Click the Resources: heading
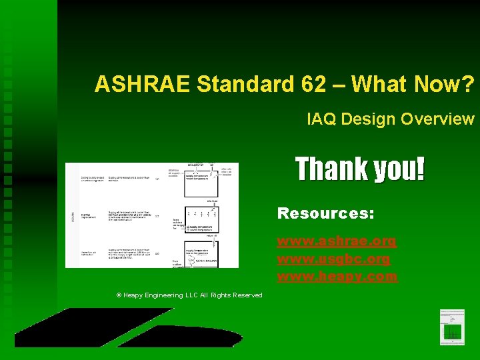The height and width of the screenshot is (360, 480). pyautogui.click(x=325, y=213)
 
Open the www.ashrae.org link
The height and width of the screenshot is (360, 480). pyautogui.click(x=337, y=241)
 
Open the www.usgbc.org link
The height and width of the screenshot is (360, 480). pyautogui.click(x=333, y=258)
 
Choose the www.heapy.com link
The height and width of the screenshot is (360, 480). pyautogui.click(x=337, y=275)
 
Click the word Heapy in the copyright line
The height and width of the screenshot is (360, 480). pyautogui.click(x=134, y=295)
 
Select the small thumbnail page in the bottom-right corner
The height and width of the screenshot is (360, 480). pyautogui.click(x=452, y=327)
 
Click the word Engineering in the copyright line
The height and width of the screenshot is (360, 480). pyautogui.click(x=167, y=295)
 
